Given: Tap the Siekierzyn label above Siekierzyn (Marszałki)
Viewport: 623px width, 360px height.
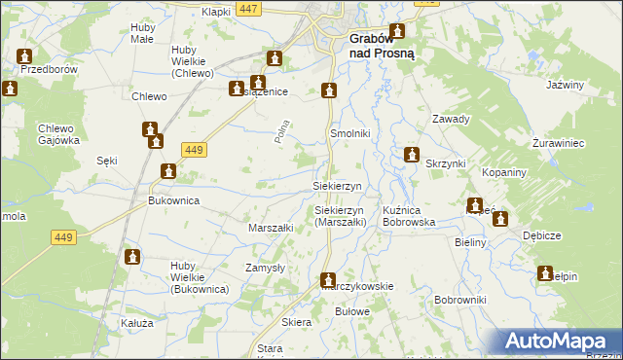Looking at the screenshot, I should pos(337,185).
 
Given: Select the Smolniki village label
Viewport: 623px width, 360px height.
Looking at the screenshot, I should pos(349,132).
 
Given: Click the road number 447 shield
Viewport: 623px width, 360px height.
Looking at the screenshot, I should pos(248,9).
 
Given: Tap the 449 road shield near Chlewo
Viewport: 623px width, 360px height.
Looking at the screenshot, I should pos(192,149).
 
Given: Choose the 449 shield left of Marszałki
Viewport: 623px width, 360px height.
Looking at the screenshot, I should pos(64,236).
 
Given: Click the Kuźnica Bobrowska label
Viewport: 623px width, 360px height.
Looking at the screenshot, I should pos(409,216).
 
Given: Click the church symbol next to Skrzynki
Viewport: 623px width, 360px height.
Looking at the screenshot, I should pos(412,155).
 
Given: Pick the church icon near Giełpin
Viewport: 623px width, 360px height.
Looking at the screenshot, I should pos(545,273).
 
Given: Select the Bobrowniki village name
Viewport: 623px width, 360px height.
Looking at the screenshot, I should pos(460,300).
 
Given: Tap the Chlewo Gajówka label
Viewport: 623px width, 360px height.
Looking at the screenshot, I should pos(58,134).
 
